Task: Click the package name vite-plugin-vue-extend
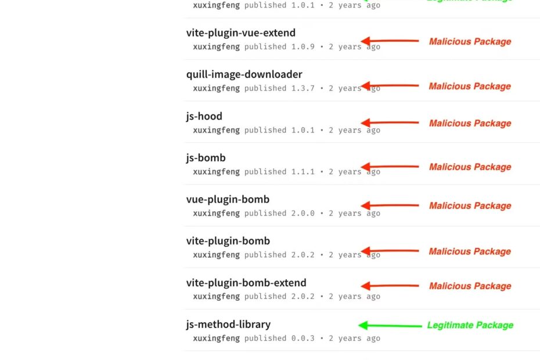point(241,33)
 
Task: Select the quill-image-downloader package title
point(244,74)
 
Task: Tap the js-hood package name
point(204,116)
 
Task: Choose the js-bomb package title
point(206,158)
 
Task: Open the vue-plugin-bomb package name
point(228,199)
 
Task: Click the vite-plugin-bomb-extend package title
point(246,283)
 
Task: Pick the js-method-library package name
point(228,325)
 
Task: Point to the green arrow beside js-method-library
point(390,326)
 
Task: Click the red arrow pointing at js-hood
point(390,123)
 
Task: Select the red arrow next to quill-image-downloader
point(390,86)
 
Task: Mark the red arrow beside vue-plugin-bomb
point(390,206)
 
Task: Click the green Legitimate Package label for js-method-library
point(470,325)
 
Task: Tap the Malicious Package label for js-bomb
point(470,167)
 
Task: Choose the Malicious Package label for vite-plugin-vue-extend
point(470,42)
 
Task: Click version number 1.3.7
point(303,88)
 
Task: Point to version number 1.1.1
point(303,172)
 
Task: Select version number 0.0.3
point(303,339)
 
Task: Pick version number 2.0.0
point(303,213)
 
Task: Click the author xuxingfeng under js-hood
point(216,130)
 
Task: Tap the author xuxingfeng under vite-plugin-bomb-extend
point(216,297)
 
